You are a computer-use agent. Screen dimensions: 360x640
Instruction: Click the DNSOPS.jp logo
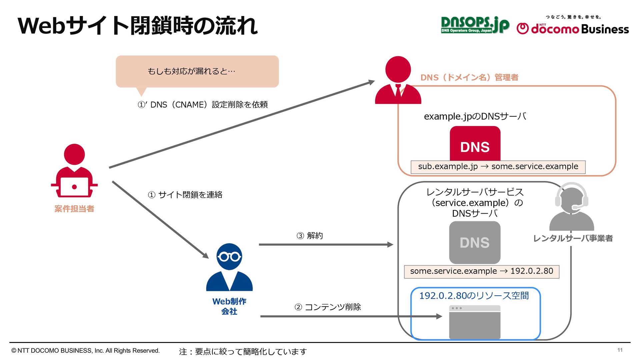pos(475,25)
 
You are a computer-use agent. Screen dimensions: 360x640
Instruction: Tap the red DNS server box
pos(475,144)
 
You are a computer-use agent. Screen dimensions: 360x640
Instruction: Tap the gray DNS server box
pos(475,242)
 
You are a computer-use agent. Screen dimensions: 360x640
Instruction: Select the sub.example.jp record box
pos(498,167)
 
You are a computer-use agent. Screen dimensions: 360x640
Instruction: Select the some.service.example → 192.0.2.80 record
pos(481,271)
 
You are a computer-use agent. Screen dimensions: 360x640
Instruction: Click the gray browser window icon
pos(475,322)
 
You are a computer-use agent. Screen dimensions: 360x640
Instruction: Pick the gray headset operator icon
pos(571,207)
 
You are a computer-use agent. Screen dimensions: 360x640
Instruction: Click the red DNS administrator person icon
pos(398,80)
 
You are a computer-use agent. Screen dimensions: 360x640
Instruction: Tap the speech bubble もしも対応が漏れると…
pos(197,71)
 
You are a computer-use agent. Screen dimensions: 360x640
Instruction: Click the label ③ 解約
pos(310,236)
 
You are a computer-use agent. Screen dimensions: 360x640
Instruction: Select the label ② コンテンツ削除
pos(328,307)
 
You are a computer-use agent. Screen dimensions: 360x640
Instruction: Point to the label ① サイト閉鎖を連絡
pos(185,195)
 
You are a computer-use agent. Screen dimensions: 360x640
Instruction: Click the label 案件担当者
pos(74,209)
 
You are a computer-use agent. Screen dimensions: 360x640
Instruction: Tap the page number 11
pos(620,350)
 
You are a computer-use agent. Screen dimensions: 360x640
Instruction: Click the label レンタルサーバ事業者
pos(573,238)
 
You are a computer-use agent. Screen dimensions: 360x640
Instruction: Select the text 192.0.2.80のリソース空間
pos(474,296)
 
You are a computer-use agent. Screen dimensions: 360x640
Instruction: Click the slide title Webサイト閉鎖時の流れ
pos(138,26)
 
